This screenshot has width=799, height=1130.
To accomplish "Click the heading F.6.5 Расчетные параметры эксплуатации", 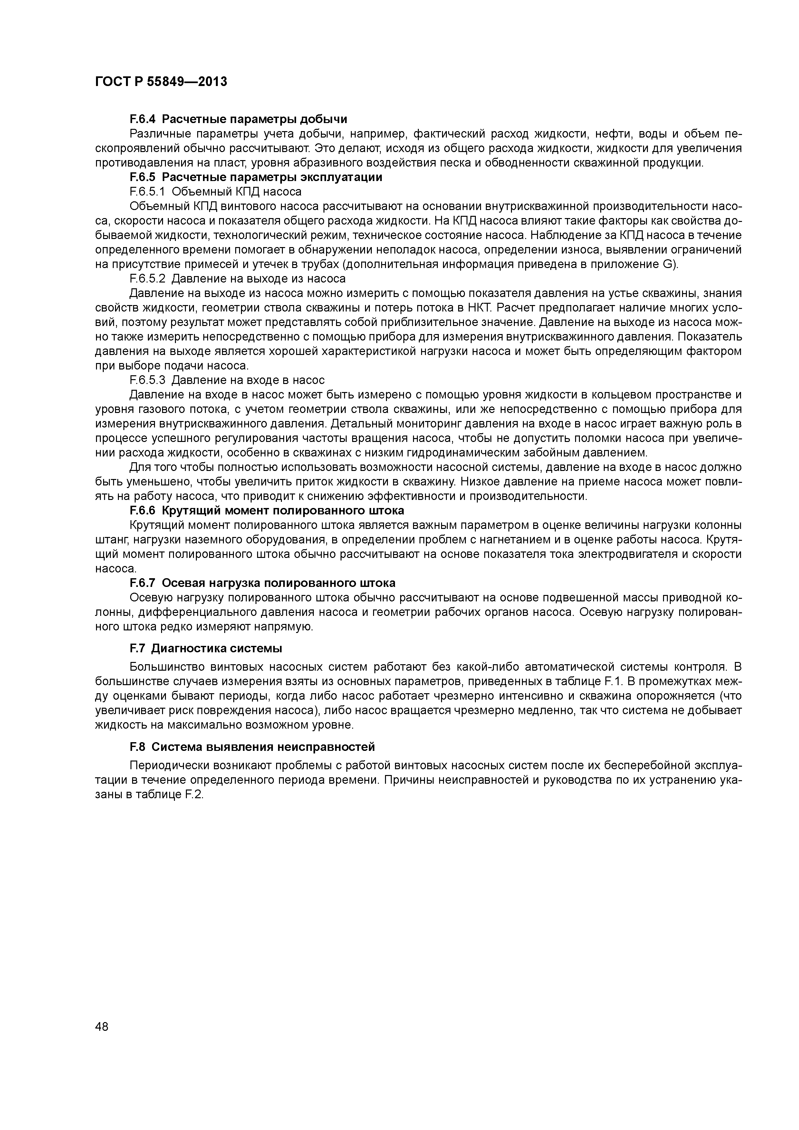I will (x=255, y=177).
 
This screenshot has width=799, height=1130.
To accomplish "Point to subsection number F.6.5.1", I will (x=148, y=191).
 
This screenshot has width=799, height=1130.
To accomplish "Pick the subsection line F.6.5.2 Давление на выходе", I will (x=237, y=279).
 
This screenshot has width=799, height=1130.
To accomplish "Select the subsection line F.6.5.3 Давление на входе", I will (x=227, y=380).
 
